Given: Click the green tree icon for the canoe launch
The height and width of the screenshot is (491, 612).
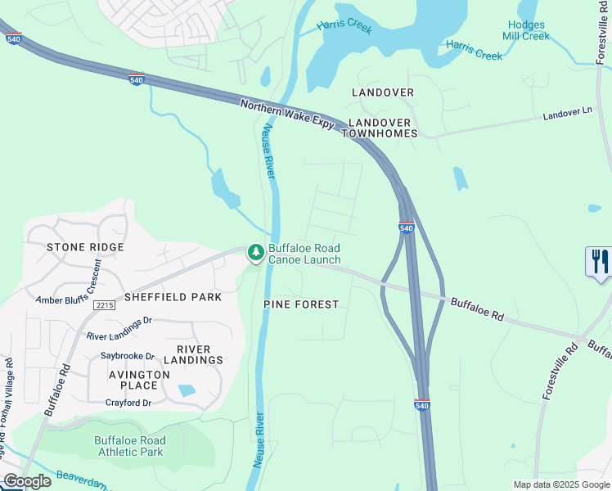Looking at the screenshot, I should click(256, 253).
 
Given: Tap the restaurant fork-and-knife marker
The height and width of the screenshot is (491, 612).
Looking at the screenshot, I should click(600, 262).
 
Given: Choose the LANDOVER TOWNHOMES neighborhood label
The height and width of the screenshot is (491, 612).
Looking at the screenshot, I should click(383, 128).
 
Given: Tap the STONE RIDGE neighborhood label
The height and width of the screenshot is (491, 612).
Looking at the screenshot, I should click(85, 246).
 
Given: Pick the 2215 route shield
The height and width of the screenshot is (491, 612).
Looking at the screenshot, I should click(104, 304).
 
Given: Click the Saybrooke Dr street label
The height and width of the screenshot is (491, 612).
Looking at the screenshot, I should click(127, 356).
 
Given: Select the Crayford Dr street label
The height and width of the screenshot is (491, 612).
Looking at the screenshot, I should click(130, 403).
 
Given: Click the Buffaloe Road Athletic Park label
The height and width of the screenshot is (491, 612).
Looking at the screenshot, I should click(130, 446).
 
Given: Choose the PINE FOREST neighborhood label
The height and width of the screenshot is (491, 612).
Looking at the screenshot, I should click(301, 304).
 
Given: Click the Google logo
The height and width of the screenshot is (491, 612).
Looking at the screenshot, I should click(27, 481).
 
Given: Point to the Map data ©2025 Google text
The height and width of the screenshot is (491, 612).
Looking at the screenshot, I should click(560, 484).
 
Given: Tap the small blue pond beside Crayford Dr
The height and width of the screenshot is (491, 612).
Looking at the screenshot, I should click(187, 390).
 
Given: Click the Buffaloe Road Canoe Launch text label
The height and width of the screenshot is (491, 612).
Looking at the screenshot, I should click(304, 254).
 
